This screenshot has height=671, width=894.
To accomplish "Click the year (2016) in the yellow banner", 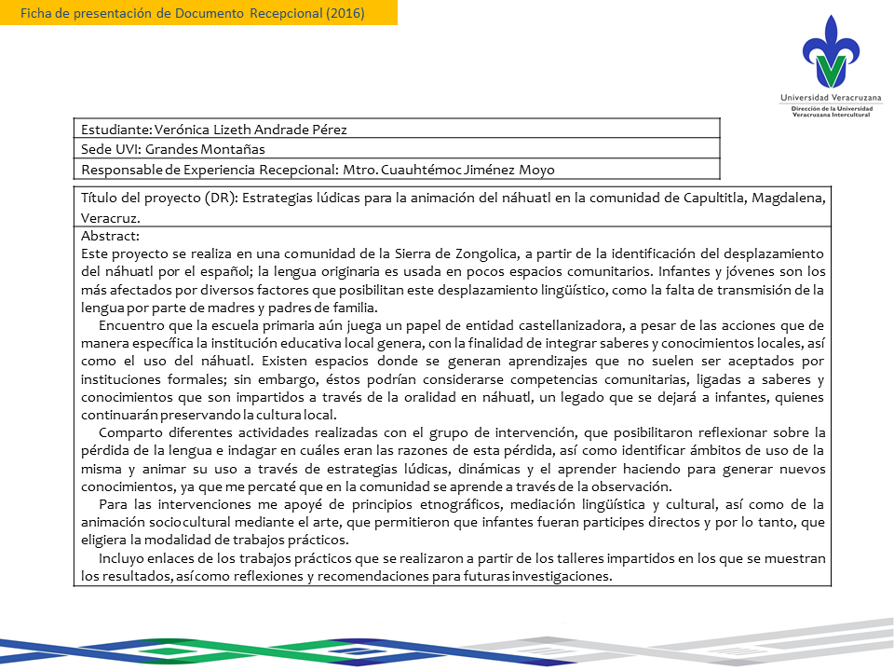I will pos(344,13).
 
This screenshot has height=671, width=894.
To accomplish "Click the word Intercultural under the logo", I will pos(853,115).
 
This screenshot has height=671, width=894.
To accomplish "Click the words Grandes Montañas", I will pos(199,149).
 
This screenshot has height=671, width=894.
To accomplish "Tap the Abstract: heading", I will pos(110,237).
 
